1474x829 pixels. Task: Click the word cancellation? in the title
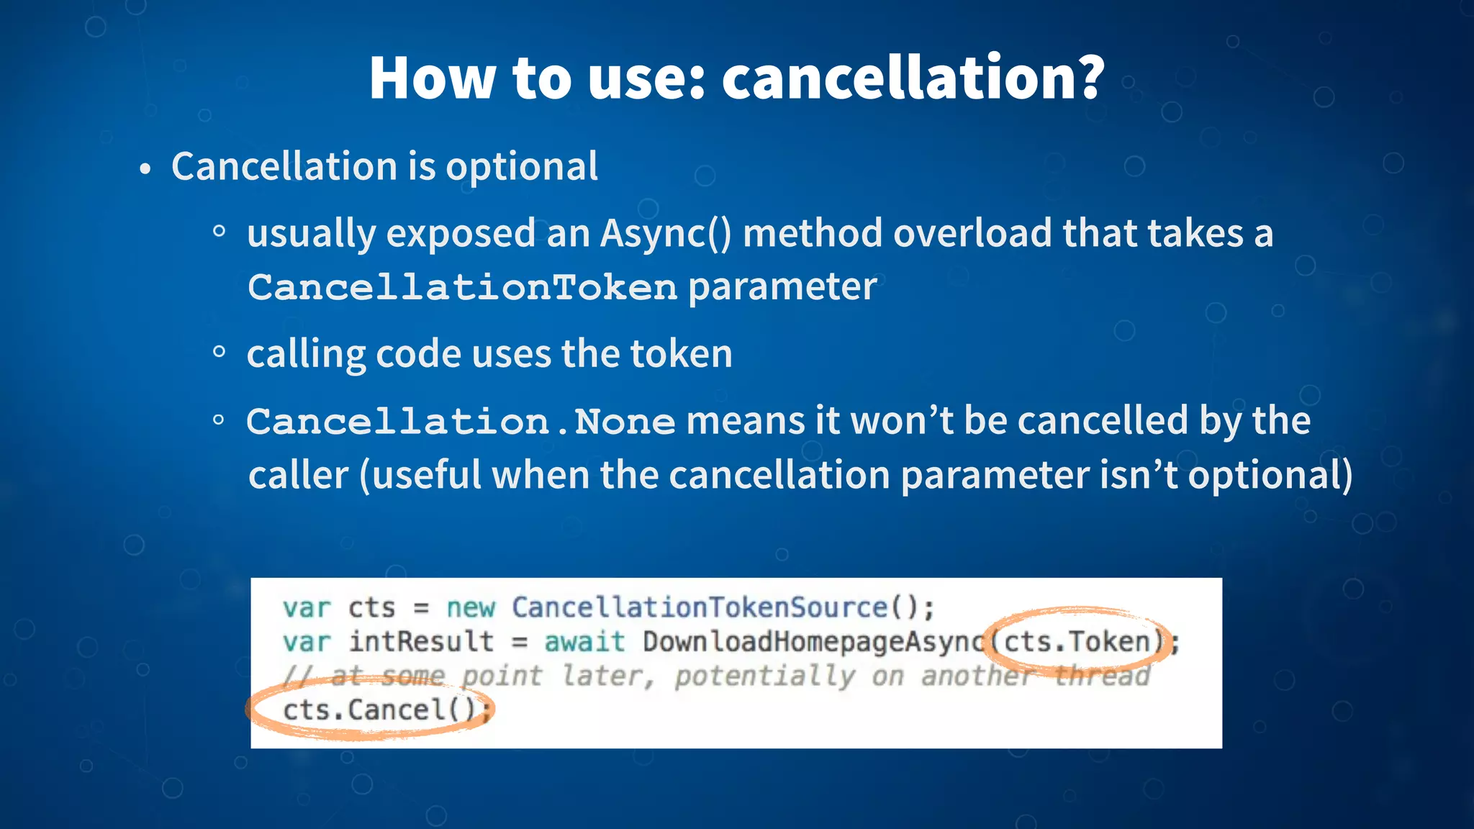[x=913, y=77]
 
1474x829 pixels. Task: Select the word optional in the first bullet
[x=521, y=167]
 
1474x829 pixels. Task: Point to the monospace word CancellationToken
[x=462, y=288]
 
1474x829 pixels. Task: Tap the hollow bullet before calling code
[x=220, y=352]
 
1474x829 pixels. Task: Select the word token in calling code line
[x=681, y=354]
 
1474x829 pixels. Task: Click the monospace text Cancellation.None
[x=461, y=422]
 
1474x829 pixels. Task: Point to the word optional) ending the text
[x=1270, y=476]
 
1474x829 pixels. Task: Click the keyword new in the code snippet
[x=471, y=608]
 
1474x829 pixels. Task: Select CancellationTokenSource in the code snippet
[x=700, y=608]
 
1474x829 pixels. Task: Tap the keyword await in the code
[x=584, y=642]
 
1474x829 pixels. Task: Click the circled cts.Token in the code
[x=1077, y=641]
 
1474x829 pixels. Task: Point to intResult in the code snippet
[x=421, y=642]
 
